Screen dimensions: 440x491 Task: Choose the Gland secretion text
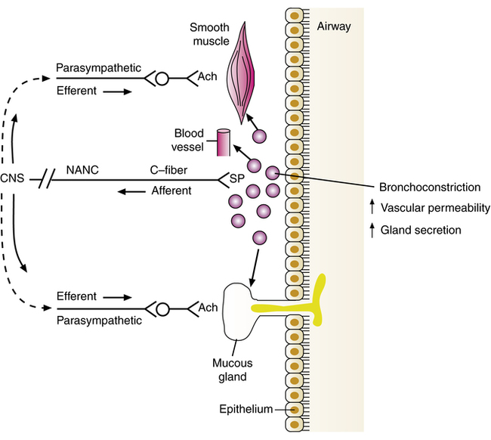tap(421, 229)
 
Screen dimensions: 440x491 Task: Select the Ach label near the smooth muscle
tap(206, 78)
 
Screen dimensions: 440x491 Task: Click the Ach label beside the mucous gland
tap(206, 308)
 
